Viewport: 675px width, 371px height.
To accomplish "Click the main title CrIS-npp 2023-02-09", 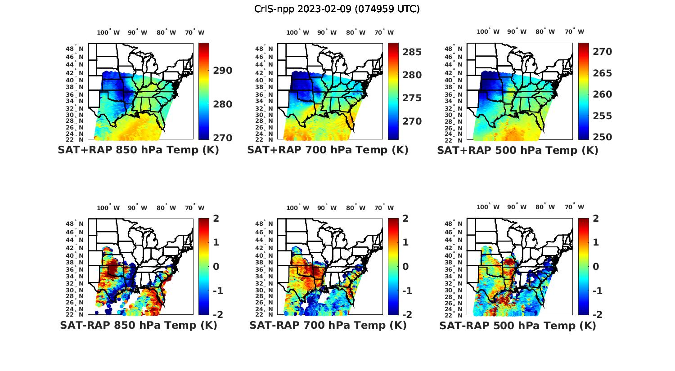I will (x=337, y=9).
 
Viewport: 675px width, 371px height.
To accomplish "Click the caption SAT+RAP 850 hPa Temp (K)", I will (x=138, y=150).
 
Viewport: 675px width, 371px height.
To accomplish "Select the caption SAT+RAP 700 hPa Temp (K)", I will (x=328, y=150).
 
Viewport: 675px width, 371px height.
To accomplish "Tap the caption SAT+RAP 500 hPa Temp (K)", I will (x=517, y=150).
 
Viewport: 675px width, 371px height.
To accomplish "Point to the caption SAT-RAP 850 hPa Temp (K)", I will (x=139, y=325).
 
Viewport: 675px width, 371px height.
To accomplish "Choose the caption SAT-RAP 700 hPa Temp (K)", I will (x=328, y=325).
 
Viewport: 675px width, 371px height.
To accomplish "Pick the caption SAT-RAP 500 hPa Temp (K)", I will (x=517, y=326).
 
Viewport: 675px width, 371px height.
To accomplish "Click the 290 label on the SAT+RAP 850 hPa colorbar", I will (x=223, y=71).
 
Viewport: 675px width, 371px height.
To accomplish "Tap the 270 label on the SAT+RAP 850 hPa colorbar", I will (x=223, y=138).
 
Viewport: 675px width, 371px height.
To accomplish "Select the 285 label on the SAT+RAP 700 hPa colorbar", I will (x=412, y=52).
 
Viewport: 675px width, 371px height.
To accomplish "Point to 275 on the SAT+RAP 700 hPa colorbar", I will (x=412, y=98).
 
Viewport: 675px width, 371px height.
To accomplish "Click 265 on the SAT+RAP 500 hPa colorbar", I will (x=602, y=73).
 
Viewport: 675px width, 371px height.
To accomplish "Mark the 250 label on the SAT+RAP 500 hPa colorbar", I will (x=602, y=137).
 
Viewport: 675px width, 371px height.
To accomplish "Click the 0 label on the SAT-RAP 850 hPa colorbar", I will (x=216, y=266).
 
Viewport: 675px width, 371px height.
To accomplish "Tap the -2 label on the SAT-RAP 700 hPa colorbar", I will (x=406, y=314).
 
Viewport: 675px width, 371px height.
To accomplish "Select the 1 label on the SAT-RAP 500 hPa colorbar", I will (x=596, y=242).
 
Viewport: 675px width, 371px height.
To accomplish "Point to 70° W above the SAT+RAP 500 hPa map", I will (x=574, y=31).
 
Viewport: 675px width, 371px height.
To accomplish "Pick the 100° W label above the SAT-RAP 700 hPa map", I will (x=297, y=208).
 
